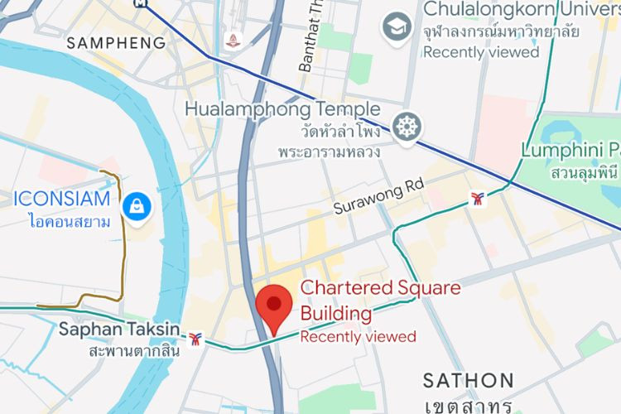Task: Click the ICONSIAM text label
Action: click(62, 199)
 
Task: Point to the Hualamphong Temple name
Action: click(282, 109)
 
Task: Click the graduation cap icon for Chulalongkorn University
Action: click(397, 27)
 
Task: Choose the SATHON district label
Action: click(469, 380)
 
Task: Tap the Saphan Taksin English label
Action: click(118, 330)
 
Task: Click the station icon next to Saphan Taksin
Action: click(195, 338)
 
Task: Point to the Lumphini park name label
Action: click(570, 151)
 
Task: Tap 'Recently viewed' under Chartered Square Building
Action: click(358, 336)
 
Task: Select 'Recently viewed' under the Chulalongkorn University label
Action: click(481, 52)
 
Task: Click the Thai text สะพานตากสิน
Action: click(133, 350)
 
